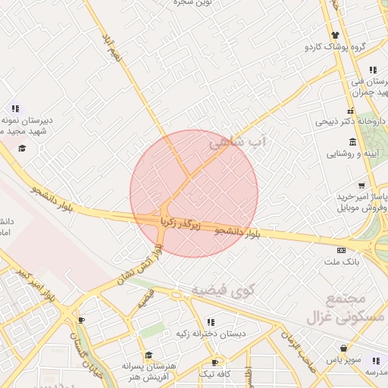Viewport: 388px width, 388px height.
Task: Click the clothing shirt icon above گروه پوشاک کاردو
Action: pos(336,35)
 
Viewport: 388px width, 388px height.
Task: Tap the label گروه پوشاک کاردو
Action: pos(336,47)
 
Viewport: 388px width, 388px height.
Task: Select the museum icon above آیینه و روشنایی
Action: pos(353,142)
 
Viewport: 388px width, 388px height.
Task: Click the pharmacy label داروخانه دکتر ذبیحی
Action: pos(346,120)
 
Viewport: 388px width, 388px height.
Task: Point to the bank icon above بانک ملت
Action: pos(341,250)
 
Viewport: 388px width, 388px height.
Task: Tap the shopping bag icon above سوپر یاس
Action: pos(345,349)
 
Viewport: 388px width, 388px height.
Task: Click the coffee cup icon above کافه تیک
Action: pos(215,363)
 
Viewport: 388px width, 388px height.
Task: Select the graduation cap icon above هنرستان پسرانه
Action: pos(149,355)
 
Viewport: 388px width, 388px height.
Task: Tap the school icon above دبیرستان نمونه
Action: pos(15,109)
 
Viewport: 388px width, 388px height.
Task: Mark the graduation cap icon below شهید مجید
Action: pos(22,147)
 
